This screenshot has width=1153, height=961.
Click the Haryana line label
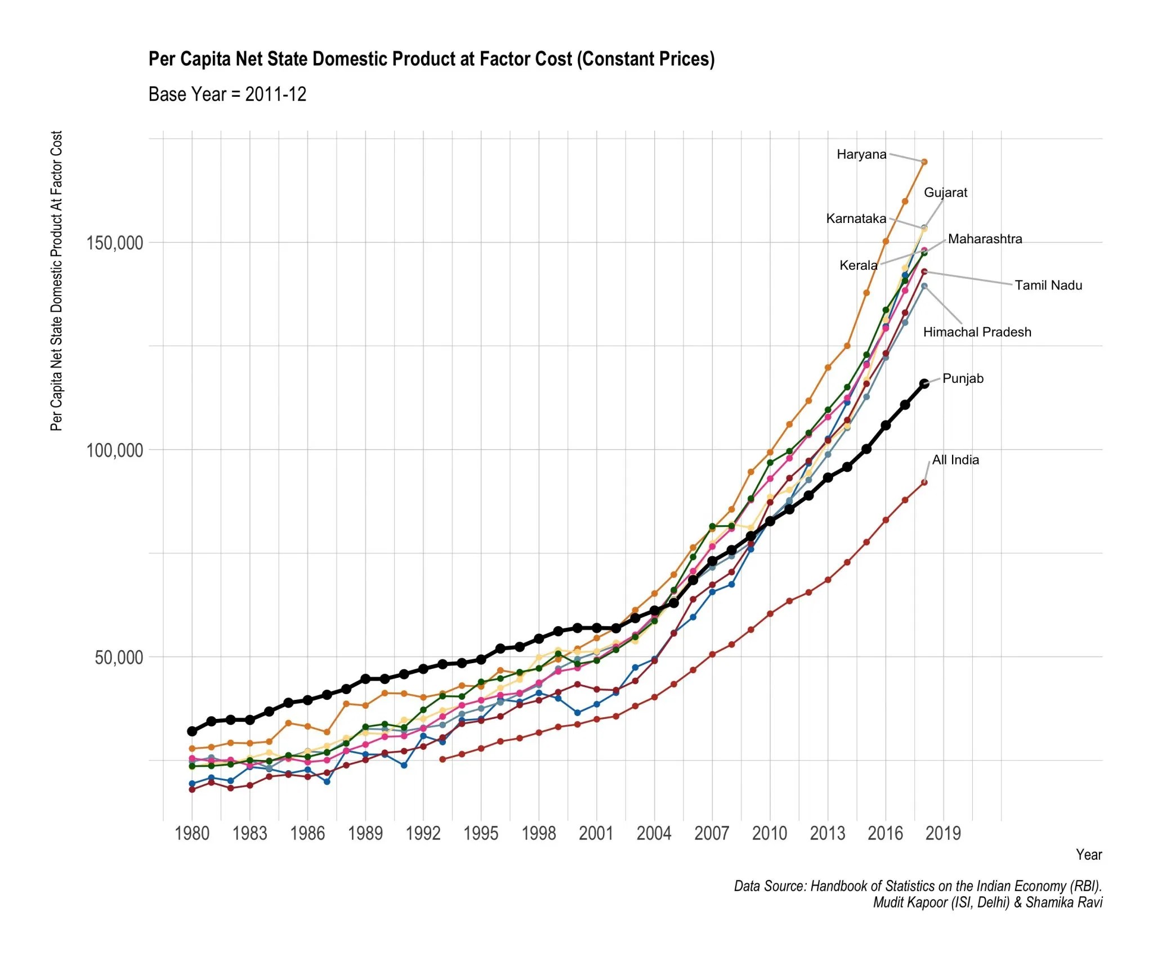861,154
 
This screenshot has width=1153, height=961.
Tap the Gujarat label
945,193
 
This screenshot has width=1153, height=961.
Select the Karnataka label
856,218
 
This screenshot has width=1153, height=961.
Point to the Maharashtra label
985,239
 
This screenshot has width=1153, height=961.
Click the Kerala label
858,265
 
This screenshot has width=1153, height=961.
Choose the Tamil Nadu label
1048,285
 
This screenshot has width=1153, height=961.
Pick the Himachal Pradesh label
977,332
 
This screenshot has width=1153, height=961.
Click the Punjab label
963,378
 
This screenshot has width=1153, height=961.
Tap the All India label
955,460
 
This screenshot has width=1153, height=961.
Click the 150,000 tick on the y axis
114,243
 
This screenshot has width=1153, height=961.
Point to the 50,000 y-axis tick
118,658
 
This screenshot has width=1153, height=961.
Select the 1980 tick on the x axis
192,833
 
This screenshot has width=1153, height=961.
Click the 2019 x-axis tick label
943,833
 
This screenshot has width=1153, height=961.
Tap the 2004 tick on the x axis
654,833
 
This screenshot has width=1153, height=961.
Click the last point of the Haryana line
924,162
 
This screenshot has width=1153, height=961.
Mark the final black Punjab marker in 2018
924,384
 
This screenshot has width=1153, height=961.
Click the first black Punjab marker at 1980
192,731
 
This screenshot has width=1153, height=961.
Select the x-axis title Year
1088,855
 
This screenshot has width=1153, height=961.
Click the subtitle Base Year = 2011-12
227,94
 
